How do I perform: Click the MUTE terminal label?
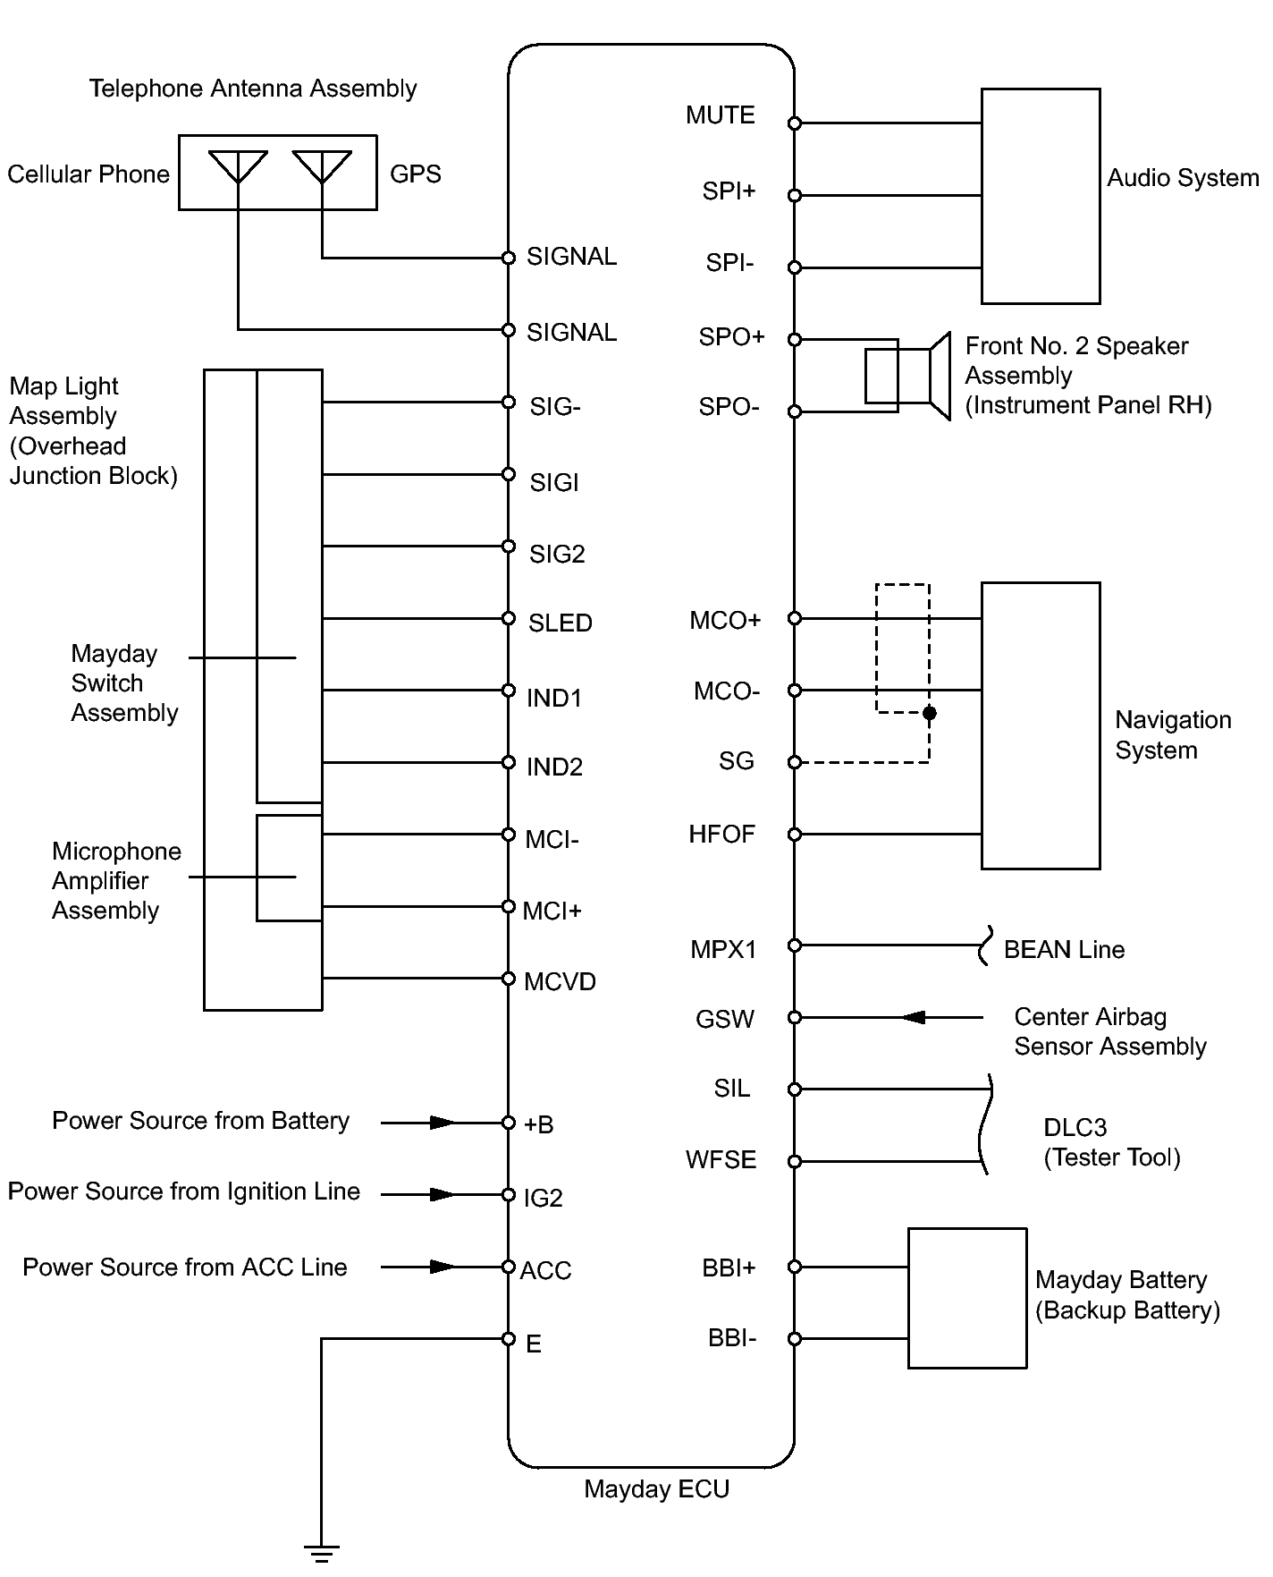721,115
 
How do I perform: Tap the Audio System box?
1041,196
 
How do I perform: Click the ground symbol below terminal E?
321,1553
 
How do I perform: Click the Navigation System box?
1041,725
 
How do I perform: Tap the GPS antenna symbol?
322,167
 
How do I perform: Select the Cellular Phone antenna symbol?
238,167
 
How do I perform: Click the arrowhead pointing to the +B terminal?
443,1123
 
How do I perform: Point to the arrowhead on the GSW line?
913,1017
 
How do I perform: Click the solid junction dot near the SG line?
930,713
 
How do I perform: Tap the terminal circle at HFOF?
795,835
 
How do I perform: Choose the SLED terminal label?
561,623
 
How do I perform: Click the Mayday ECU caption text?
657,1489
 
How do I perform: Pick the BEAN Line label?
1064,950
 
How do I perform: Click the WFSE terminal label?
721,1160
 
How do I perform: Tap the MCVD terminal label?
561,982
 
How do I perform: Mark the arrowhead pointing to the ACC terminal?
443,1267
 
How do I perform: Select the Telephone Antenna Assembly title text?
253,89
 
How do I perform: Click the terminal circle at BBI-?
795,1339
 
